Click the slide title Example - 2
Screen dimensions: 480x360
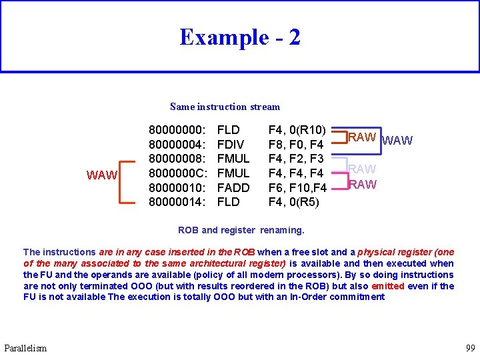[x=239, y=37]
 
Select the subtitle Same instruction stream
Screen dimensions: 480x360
[x=225, y=107]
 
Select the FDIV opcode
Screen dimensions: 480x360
[x=231, y=145]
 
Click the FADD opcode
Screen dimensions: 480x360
[x=233, y=187]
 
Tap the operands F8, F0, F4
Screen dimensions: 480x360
[x=295, y=145]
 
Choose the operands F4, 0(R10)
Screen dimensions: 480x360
[x=297, y=130]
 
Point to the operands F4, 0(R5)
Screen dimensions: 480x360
[x=293, y=201]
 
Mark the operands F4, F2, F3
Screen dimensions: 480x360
[x=295, y=159]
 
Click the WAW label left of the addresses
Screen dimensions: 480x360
[x=103, y=176]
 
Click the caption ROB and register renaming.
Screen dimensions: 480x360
[x=241, y=230]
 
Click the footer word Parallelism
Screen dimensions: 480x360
[x=25, y=348]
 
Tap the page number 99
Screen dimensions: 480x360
[x=469, y=348]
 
